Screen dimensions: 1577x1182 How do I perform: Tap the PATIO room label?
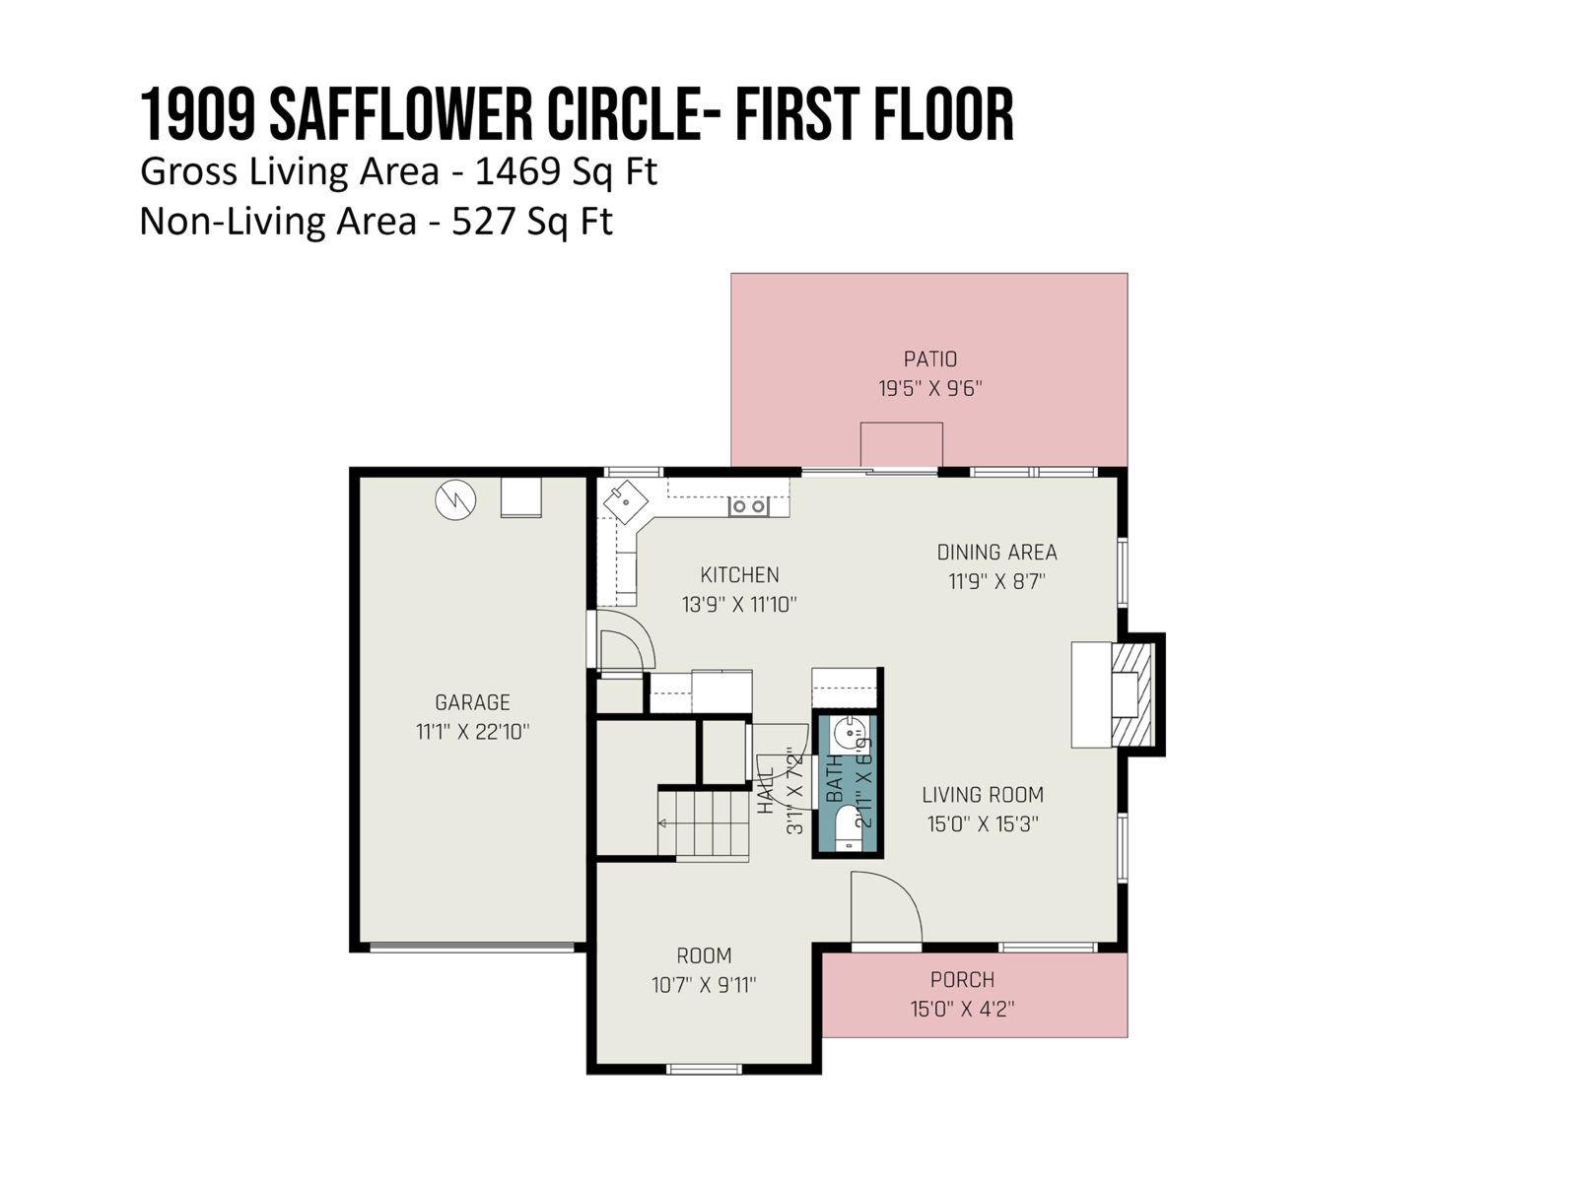(929, 359)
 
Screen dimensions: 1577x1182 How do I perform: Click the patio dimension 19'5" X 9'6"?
(929, 388)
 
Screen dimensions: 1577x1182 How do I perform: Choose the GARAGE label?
(472, 702)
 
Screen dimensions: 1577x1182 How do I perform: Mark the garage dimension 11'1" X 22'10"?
(472, 731)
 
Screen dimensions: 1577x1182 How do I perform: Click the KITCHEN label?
(739, 575)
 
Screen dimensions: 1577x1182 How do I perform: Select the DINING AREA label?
(996, 552)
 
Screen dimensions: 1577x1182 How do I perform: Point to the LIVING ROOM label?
(982, 795)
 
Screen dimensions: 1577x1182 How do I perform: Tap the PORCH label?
(962, 980)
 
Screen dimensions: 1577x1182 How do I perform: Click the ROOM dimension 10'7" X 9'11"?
(704, 985)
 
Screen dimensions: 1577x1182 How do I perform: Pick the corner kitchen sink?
(626, 501)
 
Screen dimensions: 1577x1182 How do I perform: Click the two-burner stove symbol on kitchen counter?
(748, 506)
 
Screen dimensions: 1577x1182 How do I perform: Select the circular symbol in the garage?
(455, 499)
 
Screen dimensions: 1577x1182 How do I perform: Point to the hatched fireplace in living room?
(1132, 694)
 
